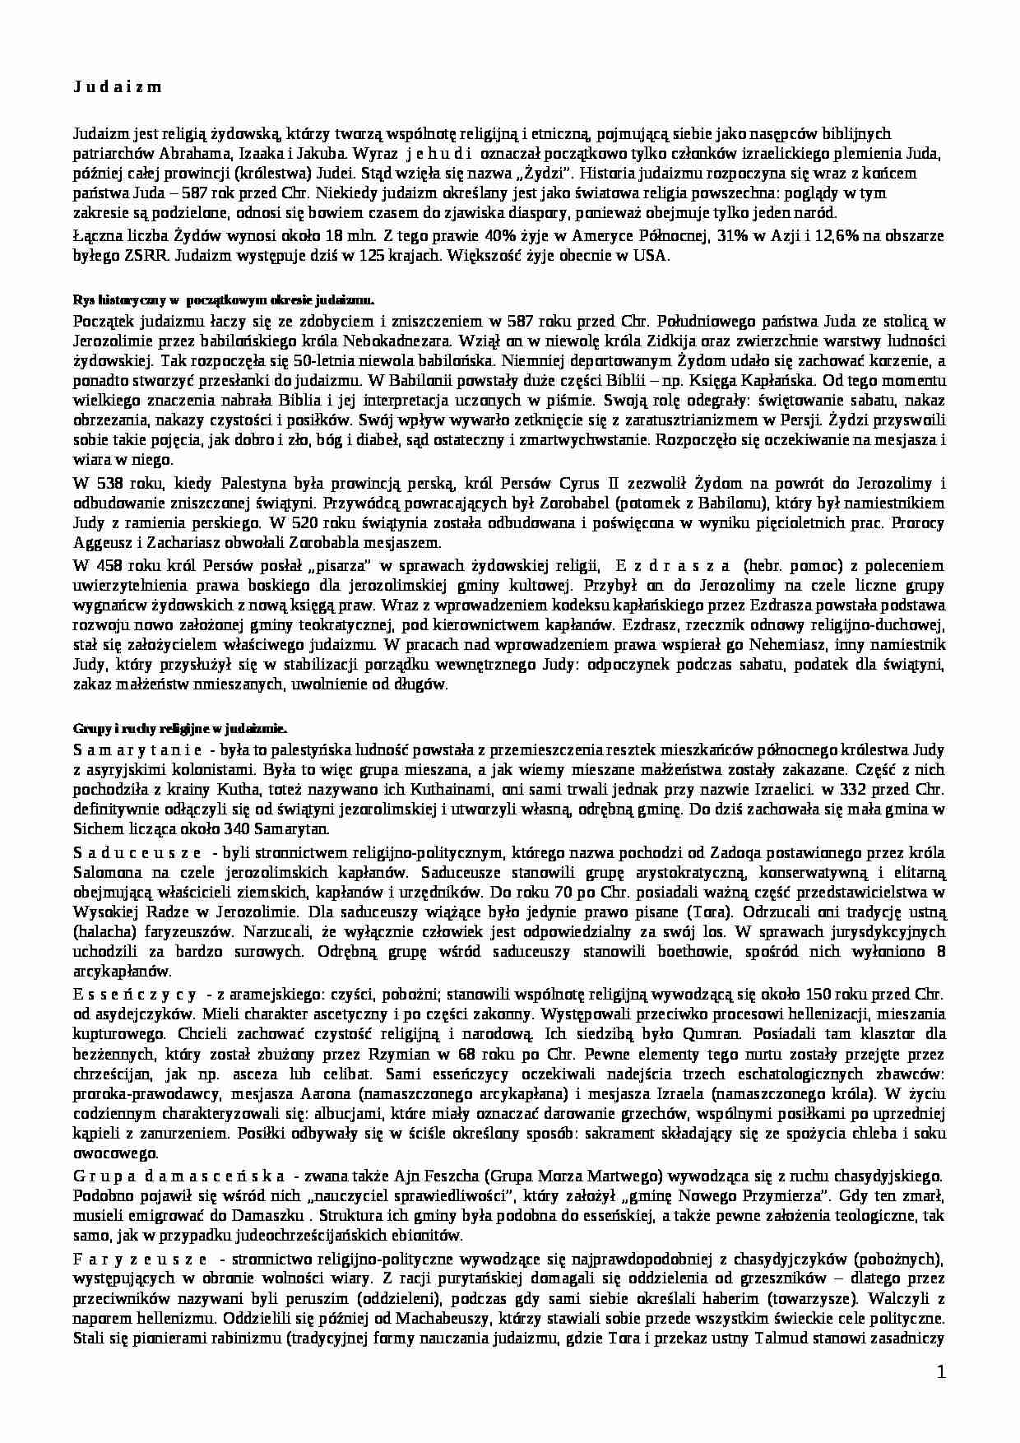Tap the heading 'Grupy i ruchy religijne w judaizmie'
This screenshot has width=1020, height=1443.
point(179,729)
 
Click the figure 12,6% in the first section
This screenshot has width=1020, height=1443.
point(830,236)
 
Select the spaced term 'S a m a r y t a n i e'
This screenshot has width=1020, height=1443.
point(138,750)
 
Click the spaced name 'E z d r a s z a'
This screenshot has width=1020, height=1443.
point(672,566)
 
